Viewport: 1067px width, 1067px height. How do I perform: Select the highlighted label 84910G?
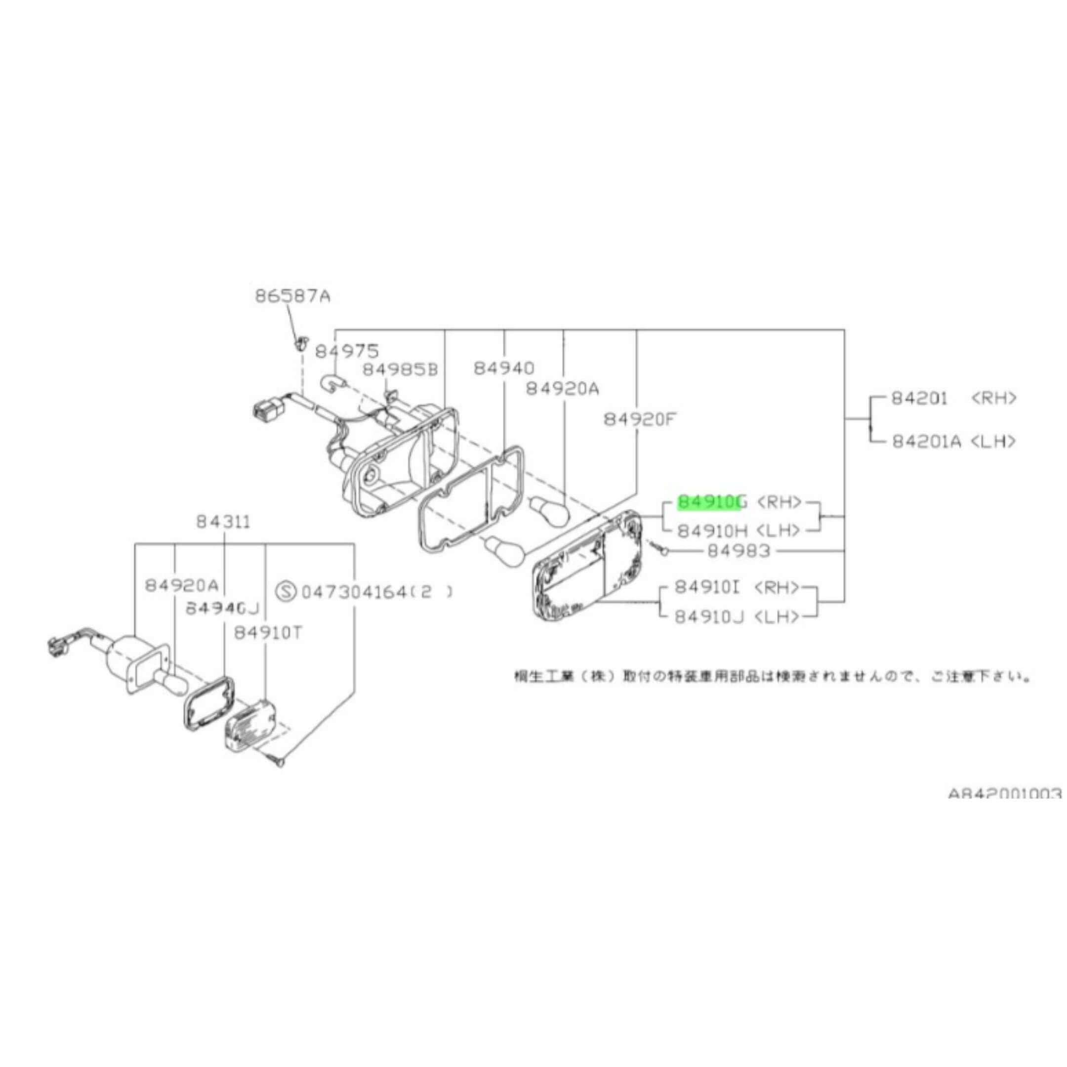coord(712,502)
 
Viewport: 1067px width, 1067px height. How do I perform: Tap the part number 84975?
coord(347,351)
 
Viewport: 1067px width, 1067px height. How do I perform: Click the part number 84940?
coord(504,369)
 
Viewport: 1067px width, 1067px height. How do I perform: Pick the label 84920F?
coord(640,420)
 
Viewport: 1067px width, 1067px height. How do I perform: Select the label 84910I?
coord(707,588)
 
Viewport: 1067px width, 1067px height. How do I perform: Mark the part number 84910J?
coord(708,617)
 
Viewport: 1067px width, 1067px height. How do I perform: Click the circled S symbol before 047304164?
coord(287,592)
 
